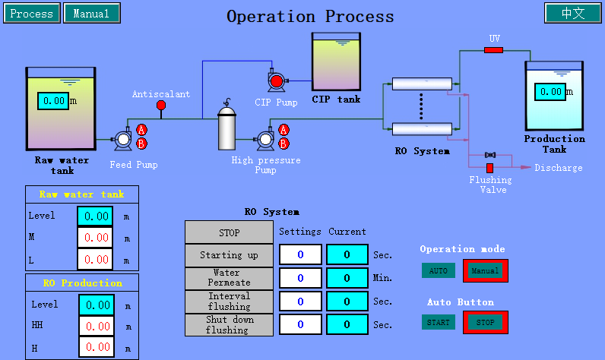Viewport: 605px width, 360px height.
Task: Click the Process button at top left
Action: pyautogui.click(x=32, y=13)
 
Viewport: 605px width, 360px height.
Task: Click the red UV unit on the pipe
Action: pyautogui.click(x=493, y=50)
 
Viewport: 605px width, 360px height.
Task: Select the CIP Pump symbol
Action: pyautogui.click(x=276, y=81)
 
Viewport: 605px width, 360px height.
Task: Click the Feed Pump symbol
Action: pyautogui.click(x=122, y=139)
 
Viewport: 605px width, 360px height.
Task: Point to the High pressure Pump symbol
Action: pyautogui.click(x=265, y=139)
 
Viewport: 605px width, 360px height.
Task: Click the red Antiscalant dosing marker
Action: pyautogui.click(x=160, y=106)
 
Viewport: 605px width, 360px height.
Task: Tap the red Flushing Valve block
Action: pyautogui.click(x=489, y=167)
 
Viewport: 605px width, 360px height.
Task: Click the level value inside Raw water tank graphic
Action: pyautogui.click(x=53, y=100)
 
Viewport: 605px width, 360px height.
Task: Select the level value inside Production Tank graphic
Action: pyautogui.click(x=549, y=92)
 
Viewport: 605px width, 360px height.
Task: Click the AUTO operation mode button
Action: pyautogui.click(x=439, y=270)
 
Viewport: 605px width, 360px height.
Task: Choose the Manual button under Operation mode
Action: pyautogui.click(x=485, y=270)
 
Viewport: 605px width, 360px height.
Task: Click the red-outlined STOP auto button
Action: pyautogui.click(x=485, y=322)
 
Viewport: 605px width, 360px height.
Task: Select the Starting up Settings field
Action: pyautogui.click(x=300, y=254)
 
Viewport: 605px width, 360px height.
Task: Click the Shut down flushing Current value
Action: pyautogui.click(x=347, y=324)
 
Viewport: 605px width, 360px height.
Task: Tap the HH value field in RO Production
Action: pyautogui.click(x=96, y=326)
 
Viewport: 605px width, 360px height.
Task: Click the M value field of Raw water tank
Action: pyautogui.click(x=96, y=238)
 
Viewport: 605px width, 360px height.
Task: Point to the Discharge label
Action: pyautogui.click(x=558, y=168)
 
